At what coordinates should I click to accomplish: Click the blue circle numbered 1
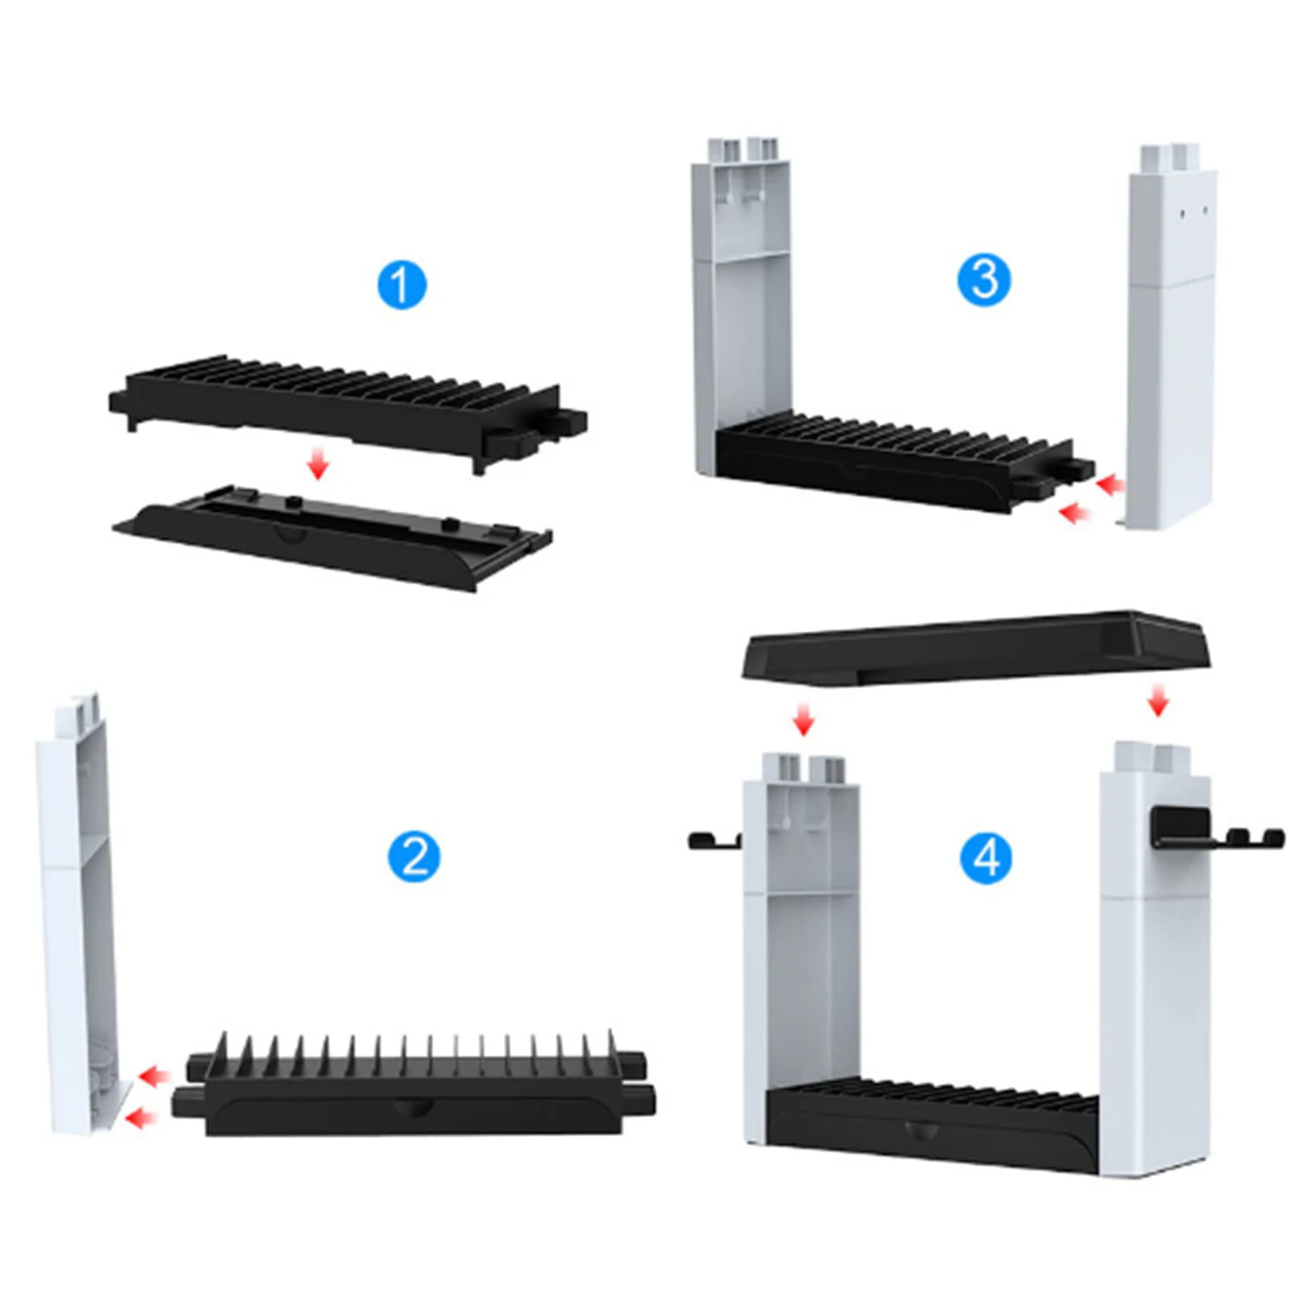tap(401, 284)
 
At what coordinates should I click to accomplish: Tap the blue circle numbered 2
tap(414, 857)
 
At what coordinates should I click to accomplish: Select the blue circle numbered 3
tap(984, 280)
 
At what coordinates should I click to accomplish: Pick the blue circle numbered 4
tap(986, 858)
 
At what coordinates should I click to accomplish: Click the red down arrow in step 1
tap(319, 463)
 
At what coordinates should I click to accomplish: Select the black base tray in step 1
tap(331, 535)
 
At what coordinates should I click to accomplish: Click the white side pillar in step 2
tap(77, 914)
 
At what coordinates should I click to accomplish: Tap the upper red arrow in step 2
tap(154, 1076)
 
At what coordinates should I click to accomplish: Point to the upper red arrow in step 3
tap(1109, 484)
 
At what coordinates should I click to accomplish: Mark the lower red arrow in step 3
tap(1076, 514)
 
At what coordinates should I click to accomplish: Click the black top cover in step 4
tap(975, 646)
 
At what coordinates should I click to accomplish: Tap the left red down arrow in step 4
tap(804, 720)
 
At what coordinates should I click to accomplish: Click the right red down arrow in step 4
tap(1157, 700)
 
